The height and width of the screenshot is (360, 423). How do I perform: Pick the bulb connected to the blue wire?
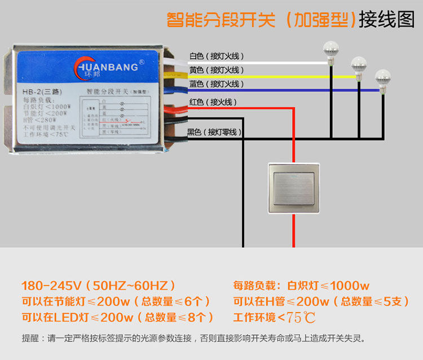(x=383, y=77)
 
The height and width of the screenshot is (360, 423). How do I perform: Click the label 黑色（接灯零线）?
(x=214, y=132)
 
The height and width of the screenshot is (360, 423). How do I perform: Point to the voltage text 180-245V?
(x=52, y=286)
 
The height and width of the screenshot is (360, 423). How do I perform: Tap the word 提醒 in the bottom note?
(x=30, y=339)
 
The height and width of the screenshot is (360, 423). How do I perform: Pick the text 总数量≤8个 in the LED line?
(x=178, y=317)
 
